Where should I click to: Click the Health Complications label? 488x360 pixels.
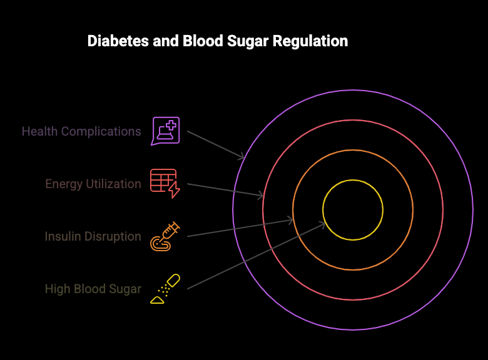pos(81,131)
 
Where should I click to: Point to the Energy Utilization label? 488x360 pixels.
pos(93,184)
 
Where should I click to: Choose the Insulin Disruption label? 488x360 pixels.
pos(93,236)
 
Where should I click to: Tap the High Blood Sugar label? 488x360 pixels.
pos(93,289)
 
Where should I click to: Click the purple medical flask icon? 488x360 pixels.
pos(165,131)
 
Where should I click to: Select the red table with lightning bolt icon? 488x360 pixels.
pos(164,182)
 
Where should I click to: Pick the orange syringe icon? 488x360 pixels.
pos(165,236)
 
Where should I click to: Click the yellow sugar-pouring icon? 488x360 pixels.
pos(165,289)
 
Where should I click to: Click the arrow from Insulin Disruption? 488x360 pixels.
pos(240,227)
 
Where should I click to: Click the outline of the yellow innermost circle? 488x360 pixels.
pos(353,180)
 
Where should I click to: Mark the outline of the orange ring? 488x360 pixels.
pos(353,150)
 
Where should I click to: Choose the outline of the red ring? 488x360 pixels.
pos(353,120)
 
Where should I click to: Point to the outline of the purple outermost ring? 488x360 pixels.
pos(353,90)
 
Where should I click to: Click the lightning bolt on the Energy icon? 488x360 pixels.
pos(174,190)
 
